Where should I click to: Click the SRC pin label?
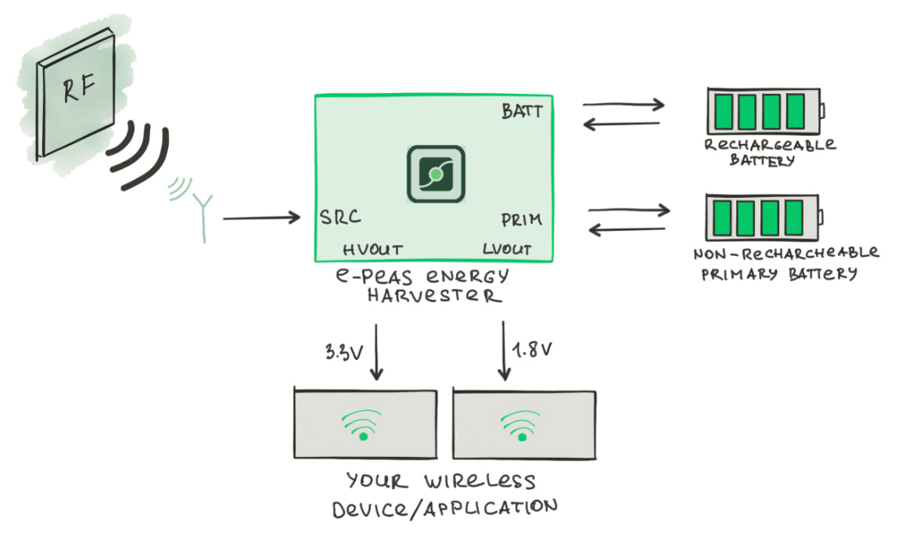[340, 218]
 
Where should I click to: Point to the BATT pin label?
[522, 112]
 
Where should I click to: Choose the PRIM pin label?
[521, 220]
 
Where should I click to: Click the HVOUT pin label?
[373, 250]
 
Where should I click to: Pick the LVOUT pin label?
[507, 250]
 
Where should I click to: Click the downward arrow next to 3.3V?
[377, 351]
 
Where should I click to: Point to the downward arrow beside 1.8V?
[501, 351]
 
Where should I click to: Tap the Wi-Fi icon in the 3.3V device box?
[363, 426]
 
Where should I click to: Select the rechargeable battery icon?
[765, 112]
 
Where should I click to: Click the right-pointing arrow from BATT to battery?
[623, 104]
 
